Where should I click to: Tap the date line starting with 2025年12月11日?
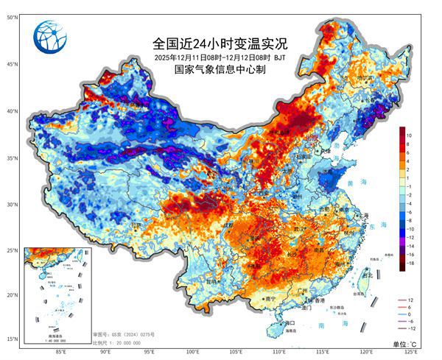tap(219, 57)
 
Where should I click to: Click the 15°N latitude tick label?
tap(12, 339)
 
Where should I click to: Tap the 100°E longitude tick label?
tap(193, 352)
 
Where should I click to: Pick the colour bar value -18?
tap(416, 263)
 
